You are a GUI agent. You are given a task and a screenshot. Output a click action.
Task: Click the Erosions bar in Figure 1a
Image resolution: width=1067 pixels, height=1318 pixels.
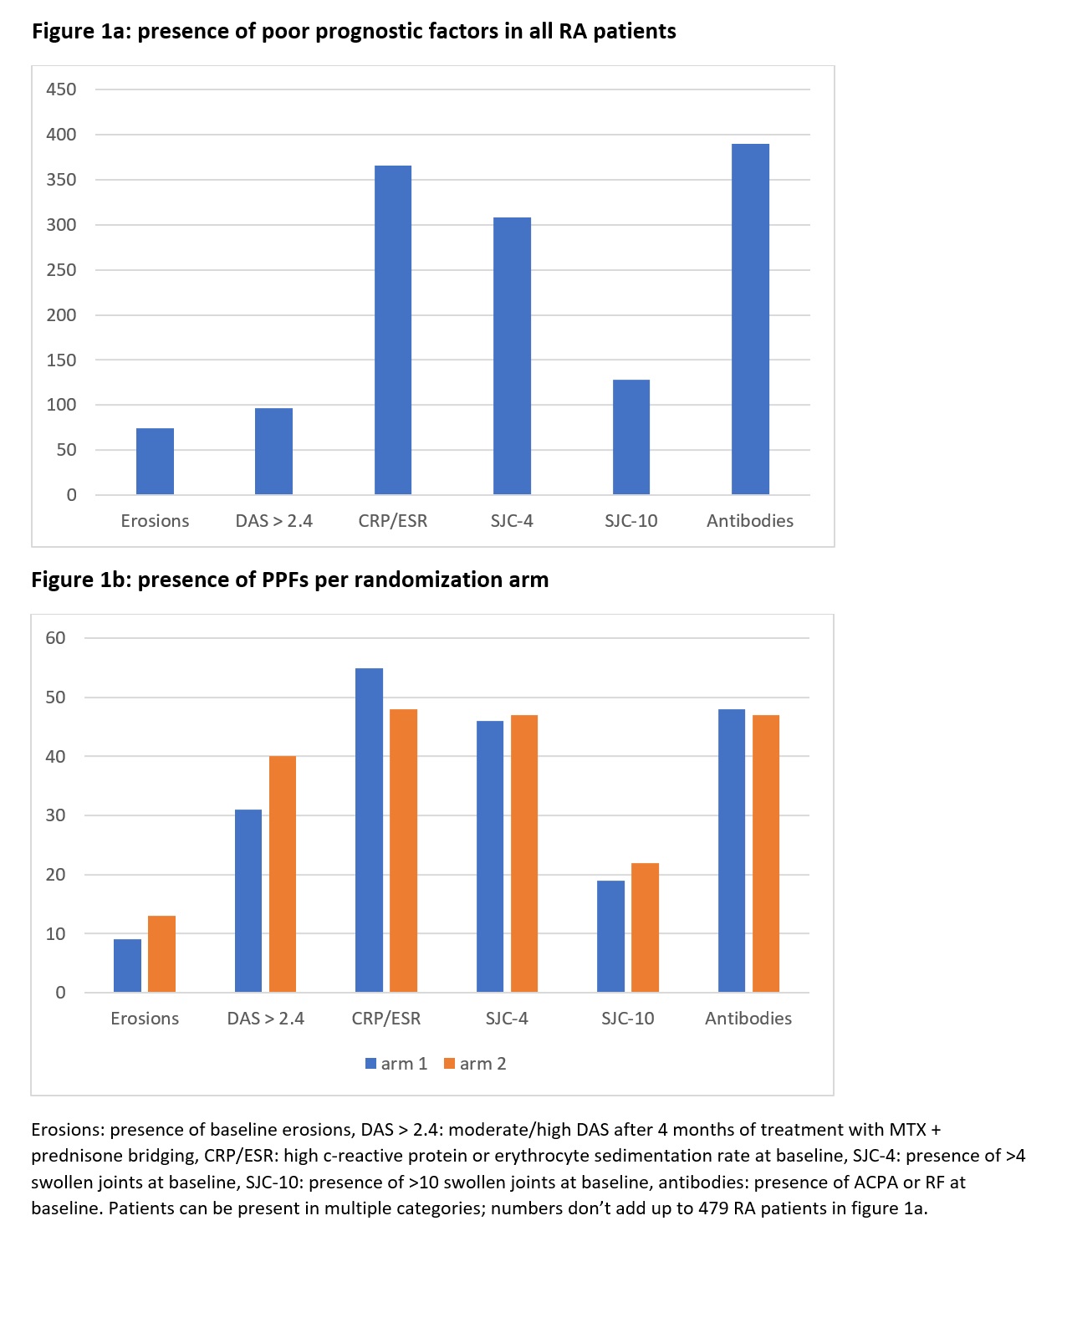[x=155, y=462]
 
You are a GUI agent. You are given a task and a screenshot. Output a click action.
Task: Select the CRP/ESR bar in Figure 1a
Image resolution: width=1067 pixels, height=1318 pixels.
[x=393, y=330]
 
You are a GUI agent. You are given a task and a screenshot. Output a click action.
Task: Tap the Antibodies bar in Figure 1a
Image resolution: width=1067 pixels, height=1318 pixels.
[x=750, y=319]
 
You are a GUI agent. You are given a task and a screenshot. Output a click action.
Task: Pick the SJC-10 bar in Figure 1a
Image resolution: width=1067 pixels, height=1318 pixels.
[x=631, y=437]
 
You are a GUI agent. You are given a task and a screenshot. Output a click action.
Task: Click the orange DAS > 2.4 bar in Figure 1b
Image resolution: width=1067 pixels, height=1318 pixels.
[x=283, y=874]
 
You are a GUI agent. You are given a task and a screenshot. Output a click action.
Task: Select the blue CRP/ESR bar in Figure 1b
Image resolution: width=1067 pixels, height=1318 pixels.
[x=369, y=830]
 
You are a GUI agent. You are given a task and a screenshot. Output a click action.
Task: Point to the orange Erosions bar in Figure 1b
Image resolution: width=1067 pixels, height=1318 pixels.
[x=161, y=954]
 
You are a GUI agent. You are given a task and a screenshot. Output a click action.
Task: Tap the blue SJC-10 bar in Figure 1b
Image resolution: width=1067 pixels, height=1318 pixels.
[x=610, y=937]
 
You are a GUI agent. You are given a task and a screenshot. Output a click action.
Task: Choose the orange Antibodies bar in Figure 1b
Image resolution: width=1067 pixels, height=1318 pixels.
[x=766, y=854]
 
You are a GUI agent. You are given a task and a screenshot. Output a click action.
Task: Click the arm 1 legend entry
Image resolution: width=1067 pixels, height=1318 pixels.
[x=396, y=1064]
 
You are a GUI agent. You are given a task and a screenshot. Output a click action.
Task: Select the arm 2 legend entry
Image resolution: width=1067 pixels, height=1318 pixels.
[x=475, y=1064]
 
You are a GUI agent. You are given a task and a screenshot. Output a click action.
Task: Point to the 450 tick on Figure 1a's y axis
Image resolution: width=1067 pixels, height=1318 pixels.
[x=61, y=89]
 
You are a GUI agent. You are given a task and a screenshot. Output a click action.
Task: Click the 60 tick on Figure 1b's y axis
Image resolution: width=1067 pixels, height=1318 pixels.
[x=55, y=638]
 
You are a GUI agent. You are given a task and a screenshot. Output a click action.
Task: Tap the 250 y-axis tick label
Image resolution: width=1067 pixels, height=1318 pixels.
[x=61, y=270]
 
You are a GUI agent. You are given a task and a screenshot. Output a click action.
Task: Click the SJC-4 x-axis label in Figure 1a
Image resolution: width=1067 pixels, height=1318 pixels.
[x=512, y=521]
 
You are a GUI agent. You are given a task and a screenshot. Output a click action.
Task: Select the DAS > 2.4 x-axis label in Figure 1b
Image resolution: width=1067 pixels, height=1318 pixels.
[x=265, y=1019]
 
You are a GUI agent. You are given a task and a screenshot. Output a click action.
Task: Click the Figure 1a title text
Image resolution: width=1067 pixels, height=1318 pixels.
[x=354, y=32]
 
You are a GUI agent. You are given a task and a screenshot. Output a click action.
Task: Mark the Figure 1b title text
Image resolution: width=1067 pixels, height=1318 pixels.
[x=289, y=580]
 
